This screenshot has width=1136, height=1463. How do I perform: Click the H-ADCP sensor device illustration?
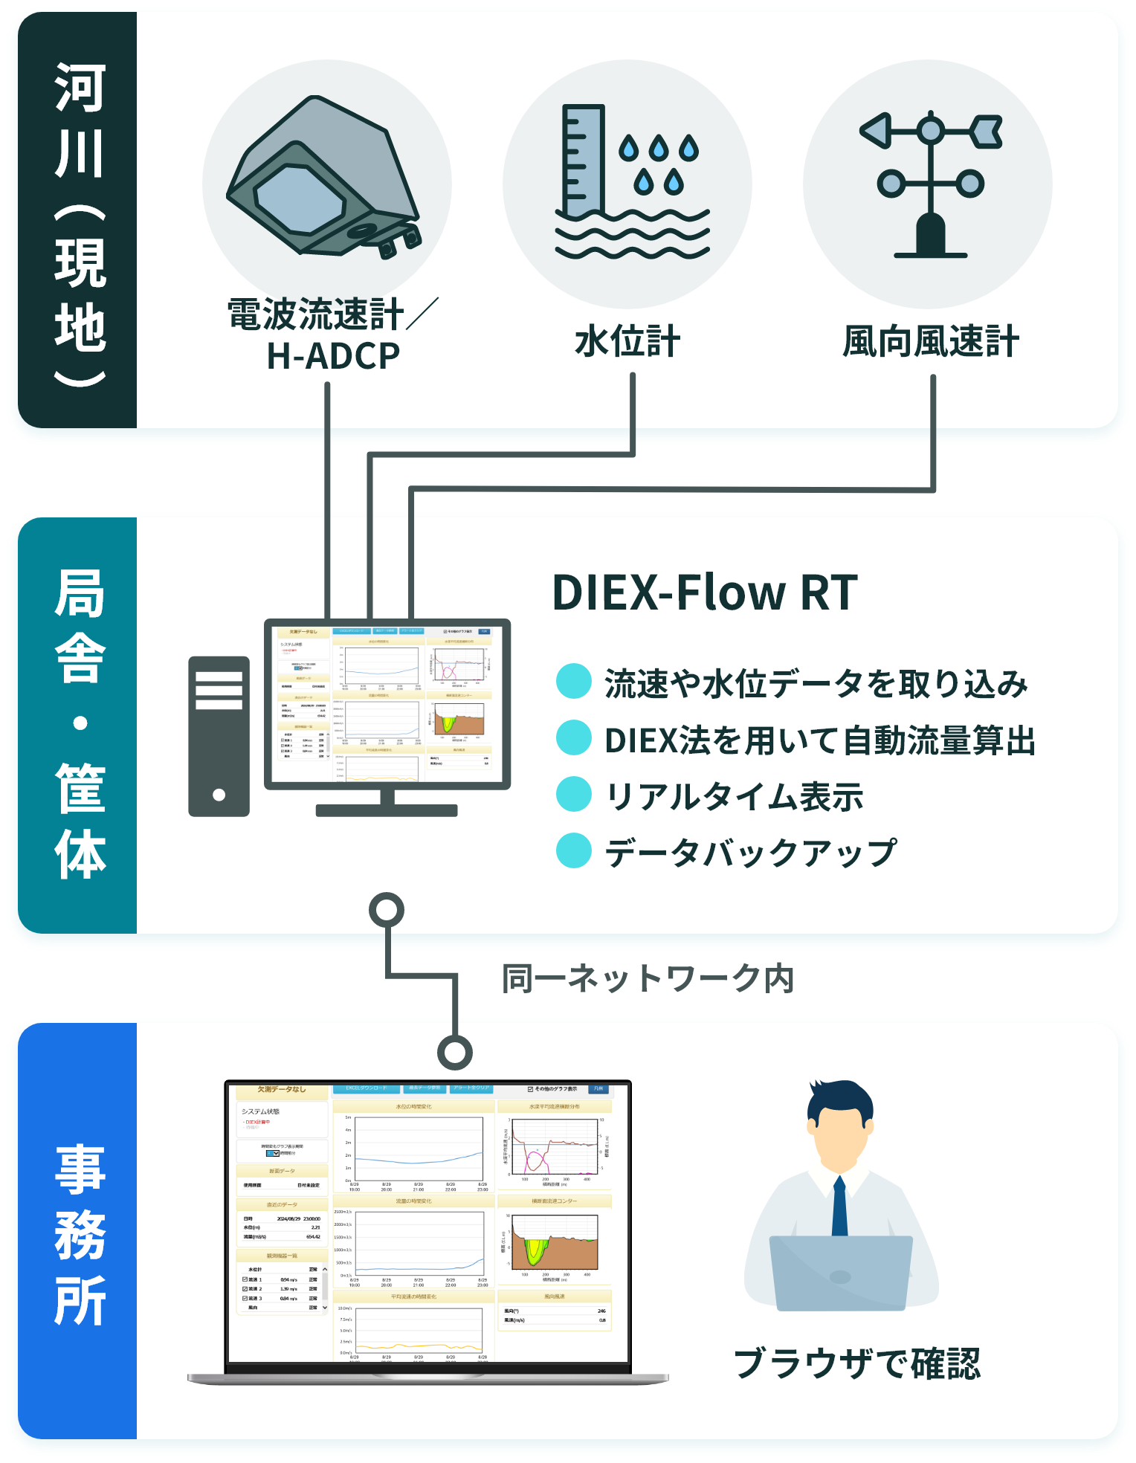pos(323,178)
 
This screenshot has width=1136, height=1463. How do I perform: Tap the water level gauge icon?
pos(628,182)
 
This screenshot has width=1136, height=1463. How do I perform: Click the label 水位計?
pos(627,342)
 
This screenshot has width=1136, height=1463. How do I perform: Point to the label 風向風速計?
pos(930,342)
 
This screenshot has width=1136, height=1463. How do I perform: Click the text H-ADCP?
pos(333,356)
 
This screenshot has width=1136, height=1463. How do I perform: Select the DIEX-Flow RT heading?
pos(704,592)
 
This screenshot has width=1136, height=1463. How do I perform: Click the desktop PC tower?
pos(219,736)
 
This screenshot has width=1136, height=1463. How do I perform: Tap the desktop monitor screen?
pos(387,703)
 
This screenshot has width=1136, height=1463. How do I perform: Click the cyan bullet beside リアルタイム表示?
pos(574,794)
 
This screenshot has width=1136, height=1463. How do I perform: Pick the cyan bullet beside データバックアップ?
pos(574,850)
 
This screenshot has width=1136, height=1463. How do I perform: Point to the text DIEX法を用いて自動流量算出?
pos(819,740)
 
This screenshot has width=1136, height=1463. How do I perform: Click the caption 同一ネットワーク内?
pos(648,978)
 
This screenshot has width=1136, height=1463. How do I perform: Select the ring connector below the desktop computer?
pos(387,910)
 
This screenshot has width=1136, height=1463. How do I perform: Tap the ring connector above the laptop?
pos(455,1052)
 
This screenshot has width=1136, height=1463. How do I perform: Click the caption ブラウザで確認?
pos(857,1363)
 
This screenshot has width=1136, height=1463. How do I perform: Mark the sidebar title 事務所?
pos(80,1234)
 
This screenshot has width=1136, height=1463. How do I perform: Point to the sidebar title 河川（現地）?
pos(80,223)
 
